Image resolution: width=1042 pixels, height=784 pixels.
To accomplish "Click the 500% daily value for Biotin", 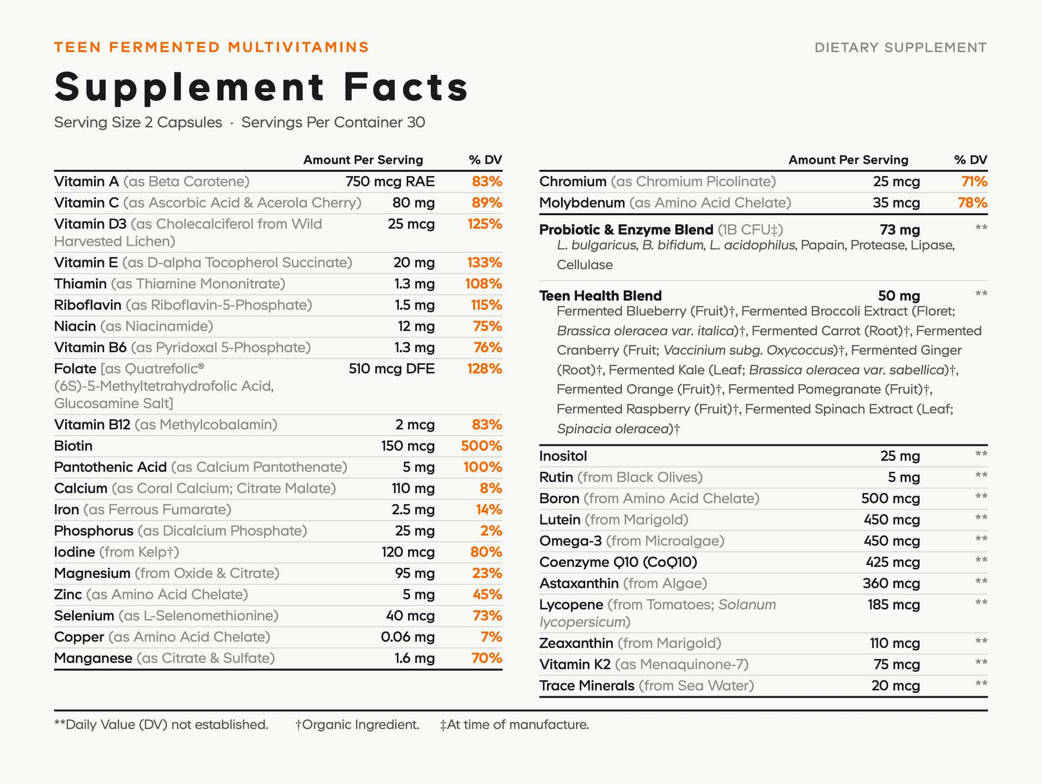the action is (481, 446).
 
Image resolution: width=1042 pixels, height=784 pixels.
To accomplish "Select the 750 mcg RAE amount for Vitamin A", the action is (390, 182).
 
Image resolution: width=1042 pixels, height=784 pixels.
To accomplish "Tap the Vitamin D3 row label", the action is (90, 224).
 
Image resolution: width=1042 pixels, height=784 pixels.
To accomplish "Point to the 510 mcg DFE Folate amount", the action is (392, 369).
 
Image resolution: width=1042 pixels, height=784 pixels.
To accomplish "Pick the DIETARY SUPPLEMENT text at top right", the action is (901, 48).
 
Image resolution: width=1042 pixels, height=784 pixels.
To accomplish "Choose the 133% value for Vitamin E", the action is (485, 263).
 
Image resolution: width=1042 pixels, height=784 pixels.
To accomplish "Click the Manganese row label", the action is (93, 658).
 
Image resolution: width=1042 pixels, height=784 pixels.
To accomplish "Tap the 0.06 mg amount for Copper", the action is (408, 637).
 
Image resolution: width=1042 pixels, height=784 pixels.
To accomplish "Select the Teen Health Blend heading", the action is (600, 296).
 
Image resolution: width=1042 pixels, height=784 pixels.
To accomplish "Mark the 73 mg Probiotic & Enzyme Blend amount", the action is (900, 230).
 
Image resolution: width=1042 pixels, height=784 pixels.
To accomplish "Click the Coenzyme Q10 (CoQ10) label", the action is (618, 562).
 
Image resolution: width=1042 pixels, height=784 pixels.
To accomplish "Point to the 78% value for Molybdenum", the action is (972, 203).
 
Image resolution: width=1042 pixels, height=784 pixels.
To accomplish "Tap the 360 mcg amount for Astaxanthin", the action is (891, 584).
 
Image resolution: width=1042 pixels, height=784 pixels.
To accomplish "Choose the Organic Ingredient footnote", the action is (358, 724).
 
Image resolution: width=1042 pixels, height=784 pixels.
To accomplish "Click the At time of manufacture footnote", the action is (514, 724).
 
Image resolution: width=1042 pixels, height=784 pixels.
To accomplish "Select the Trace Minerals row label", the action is (587, 686).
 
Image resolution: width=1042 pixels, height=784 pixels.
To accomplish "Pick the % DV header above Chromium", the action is (971, 160).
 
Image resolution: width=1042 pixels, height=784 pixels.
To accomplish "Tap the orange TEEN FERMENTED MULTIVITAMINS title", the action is (212, 47).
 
